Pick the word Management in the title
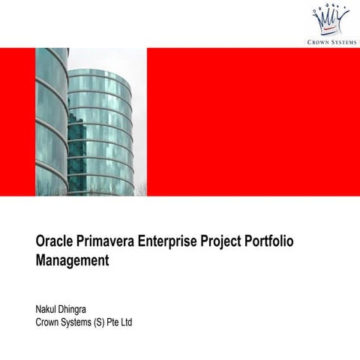click(x=72, y=262)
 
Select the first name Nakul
click(x=48, y=310)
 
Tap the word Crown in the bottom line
click(x=49, y=323)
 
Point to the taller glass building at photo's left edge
click(x=50, y=120)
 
